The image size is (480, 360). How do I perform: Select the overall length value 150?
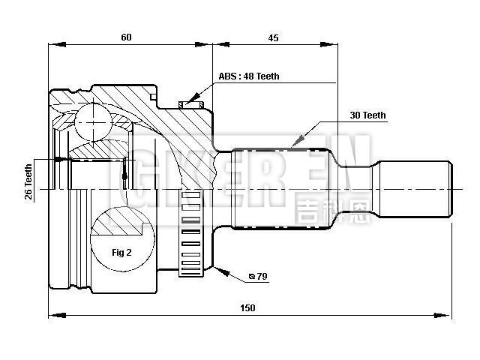247,307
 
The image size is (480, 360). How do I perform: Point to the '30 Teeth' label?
367,115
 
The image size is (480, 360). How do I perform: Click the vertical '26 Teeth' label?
28,182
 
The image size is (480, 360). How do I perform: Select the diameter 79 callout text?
258,277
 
